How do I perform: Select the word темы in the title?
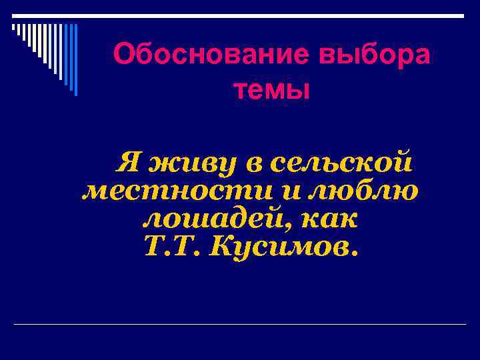tap(272, 88)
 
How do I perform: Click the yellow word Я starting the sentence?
tap(129, 163)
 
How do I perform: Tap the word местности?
tap(177, 191)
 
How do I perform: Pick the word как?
tap(331, 219)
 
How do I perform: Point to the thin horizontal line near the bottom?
tap(240, 324)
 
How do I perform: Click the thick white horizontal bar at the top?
tap(240, 16)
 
